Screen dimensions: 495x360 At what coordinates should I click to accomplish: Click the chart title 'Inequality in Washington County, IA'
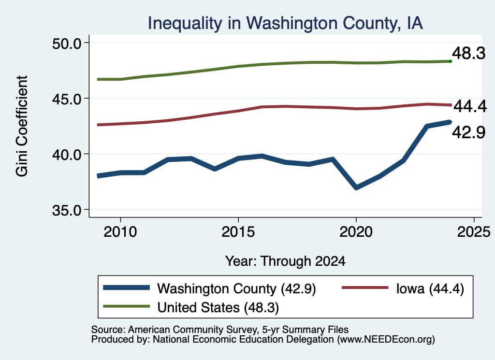[x=285, y=23]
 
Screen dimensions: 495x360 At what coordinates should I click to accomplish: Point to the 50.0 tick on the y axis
[x=67, y=43]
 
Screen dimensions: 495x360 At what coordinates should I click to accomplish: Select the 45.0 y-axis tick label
[x=67, y=99]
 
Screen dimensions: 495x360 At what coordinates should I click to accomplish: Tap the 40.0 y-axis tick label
[x=67, y=154]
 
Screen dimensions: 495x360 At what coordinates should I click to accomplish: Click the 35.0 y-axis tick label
[x=67, y=210]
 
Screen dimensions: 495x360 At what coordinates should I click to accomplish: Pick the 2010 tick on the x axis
[x=120, y=232]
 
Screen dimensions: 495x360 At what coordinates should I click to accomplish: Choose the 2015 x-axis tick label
[x=238, y=232]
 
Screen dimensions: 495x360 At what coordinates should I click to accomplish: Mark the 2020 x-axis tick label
[x=356, y=232]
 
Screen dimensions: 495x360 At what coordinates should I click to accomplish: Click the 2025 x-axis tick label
[x=474, y=232]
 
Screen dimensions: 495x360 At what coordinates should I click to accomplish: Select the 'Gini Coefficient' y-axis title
[x=22, y=126]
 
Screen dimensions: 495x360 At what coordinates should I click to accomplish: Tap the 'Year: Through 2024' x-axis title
[x=285, y=261]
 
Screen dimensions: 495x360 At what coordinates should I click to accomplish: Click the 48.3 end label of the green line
[x=469, y=53]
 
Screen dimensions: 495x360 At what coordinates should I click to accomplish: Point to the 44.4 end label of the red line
[x=470, y=106]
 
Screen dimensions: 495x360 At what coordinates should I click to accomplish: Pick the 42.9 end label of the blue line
[x=469, y=132]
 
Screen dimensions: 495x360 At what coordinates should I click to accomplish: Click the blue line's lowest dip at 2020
[x=356, y=187]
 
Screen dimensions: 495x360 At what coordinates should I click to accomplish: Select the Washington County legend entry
[x=210, y=288]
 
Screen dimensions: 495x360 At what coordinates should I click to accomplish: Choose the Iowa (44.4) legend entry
[x=403, y=288]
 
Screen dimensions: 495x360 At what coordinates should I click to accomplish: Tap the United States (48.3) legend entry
[x=191, y=307]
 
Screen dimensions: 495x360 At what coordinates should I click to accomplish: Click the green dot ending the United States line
[x=451, y=61]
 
